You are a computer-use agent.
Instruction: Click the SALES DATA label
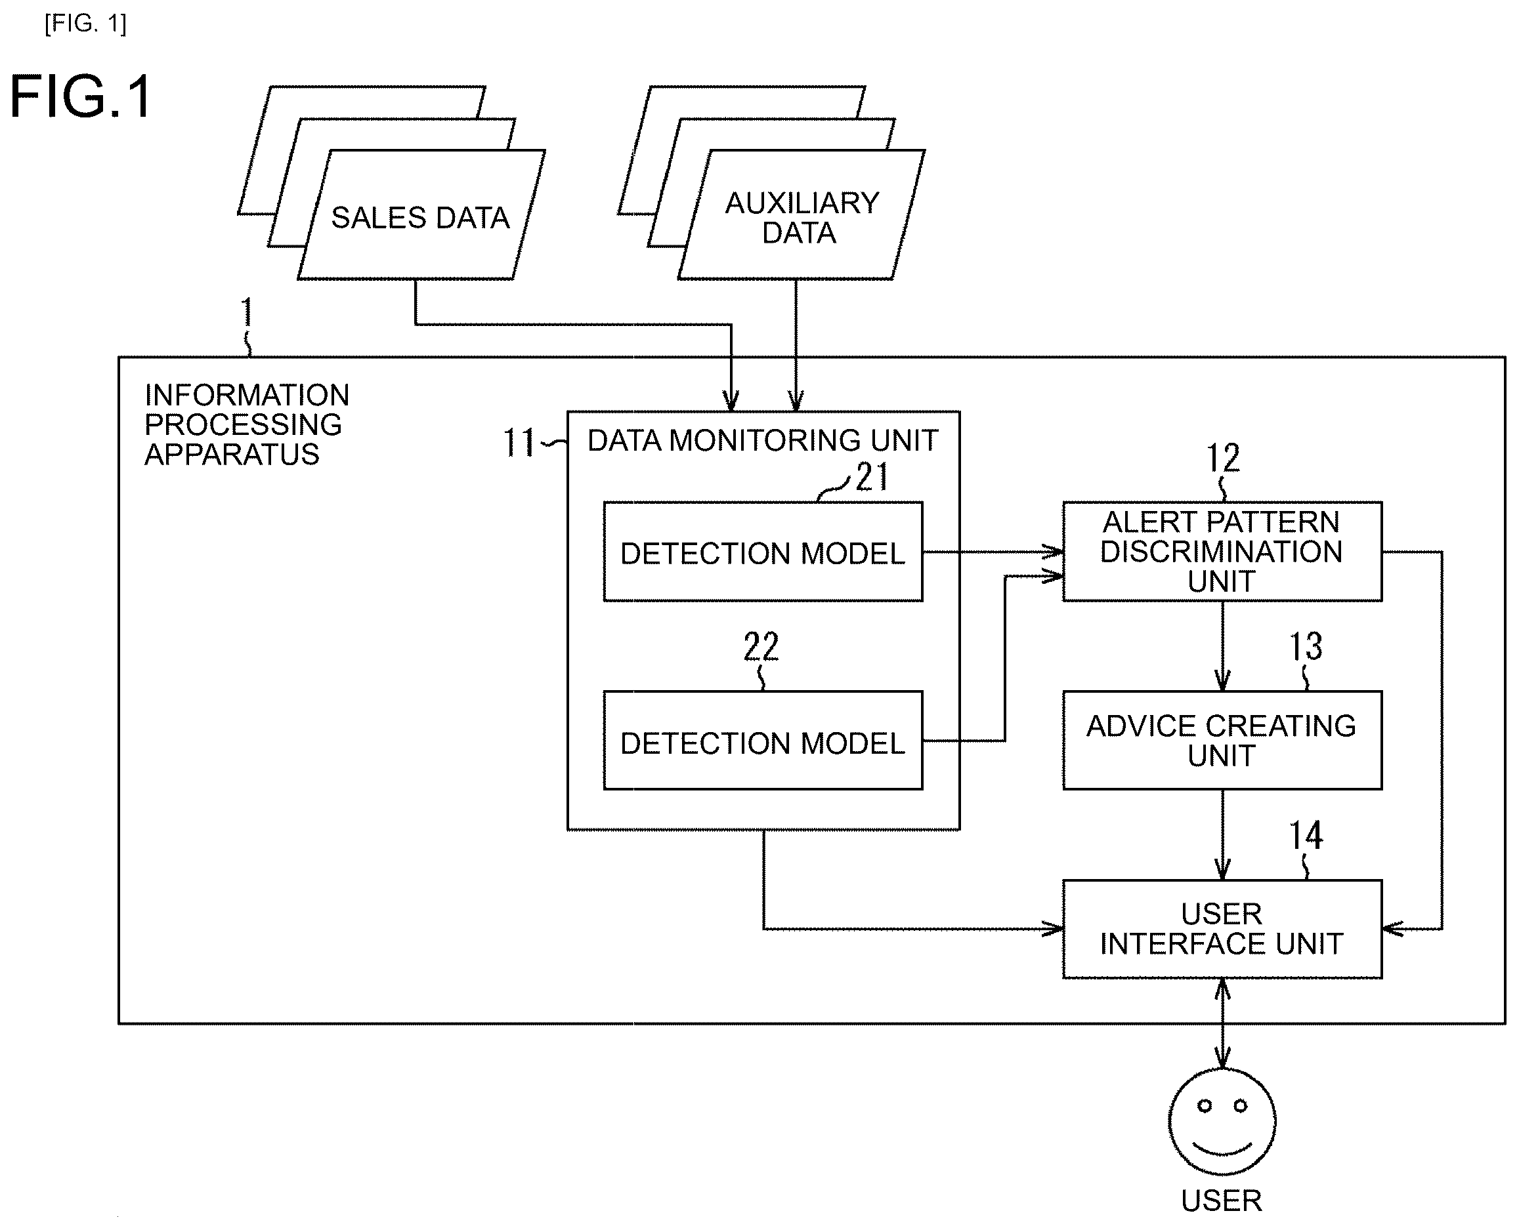(x=420, y=218)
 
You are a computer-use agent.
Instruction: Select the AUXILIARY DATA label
(x=801, y=218)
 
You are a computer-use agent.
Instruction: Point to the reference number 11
(x=519, y=443)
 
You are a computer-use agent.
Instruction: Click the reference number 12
(x=1224, y=458)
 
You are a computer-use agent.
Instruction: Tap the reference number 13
(x=1306, y=646)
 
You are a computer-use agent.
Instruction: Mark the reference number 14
(x=1306, y=835)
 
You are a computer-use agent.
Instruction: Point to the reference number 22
(x=761, y=646)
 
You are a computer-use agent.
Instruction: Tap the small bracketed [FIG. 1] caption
(x=86, y=24)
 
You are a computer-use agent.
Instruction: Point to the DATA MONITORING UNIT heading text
(x=763, y=441)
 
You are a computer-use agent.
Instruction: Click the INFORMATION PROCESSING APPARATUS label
(x=247, y=424)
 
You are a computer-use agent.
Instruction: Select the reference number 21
(x=872, y=476)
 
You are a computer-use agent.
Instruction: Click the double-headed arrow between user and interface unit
(x=1222, y=1024)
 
